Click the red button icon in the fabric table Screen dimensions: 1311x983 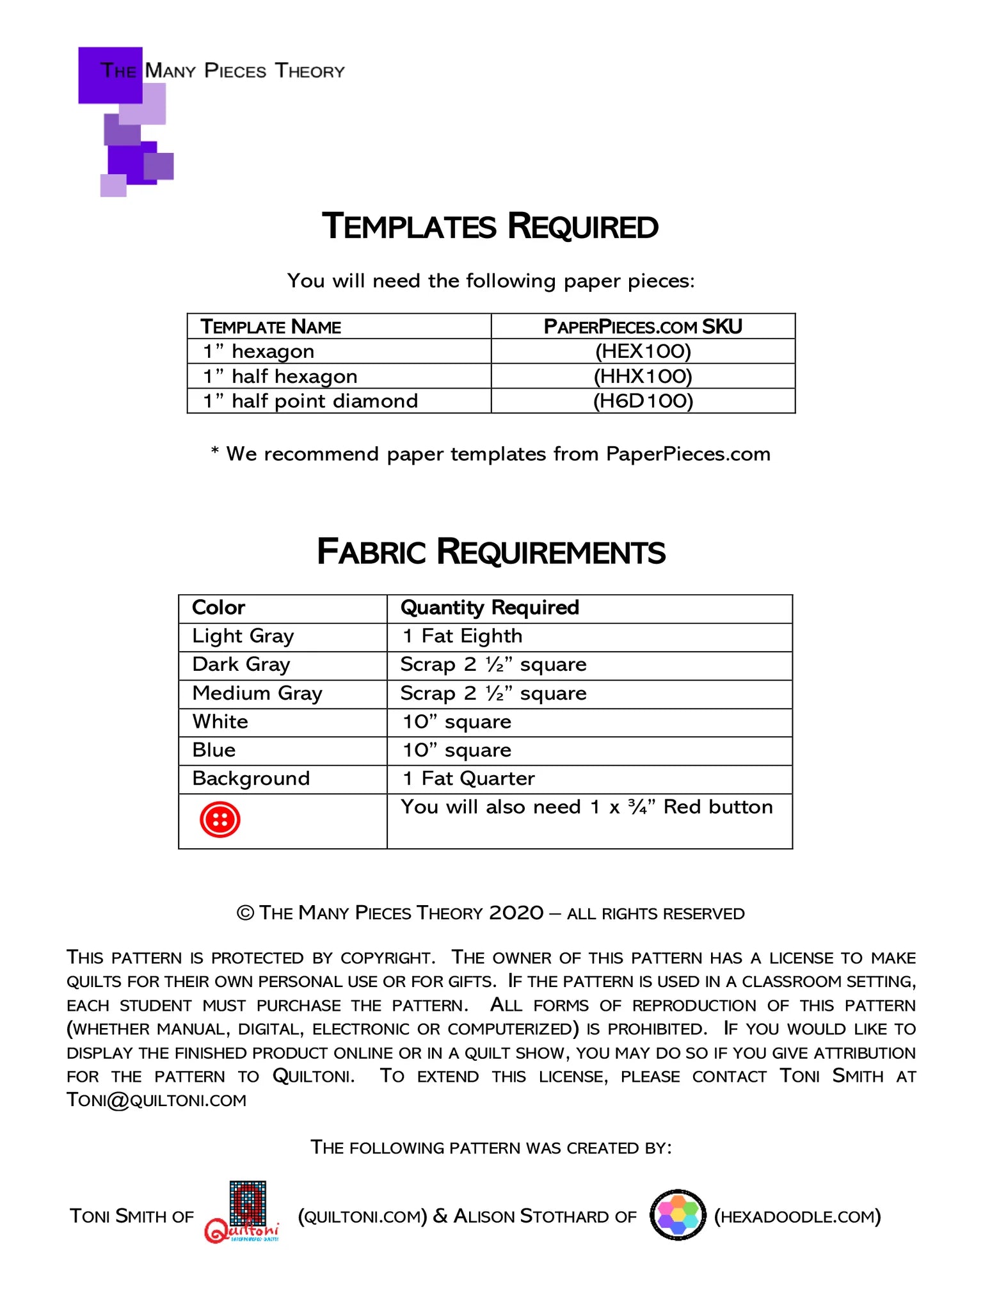(x=220, y=819)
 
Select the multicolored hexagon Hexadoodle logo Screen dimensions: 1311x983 (x=678, y=1215)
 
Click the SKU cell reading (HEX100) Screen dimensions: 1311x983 (x=643, y=351)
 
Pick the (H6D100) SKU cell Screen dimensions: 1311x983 (x=643, y=401)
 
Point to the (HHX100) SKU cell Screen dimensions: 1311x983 (x=643, y=376)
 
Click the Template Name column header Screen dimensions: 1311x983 (x=271, y=326)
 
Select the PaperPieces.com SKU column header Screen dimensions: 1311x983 (x=643, y=326)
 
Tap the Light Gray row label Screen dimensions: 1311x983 (x=243, y=636)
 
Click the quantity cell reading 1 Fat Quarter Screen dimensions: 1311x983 (x=468, y=779)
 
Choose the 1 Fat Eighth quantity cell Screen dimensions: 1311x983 (x=462, y=636)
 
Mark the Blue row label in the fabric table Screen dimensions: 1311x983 (x=214, y=750)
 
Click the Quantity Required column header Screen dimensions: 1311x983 (x=490, y=607)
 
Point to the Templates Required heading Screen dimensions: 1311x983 (x=490, y=227)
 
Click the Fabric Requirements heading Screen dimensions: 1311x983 (x=491, y=552)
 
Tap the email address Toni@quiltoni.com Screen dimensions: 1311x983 (x=157, y=1100)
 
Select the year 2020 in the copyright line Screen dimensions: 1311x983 (x=516, y=913)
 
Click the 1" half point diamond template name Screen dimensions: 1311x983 (x=310, y=401)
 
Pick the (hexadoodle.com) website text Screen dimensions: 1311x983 (x=797, y=1216)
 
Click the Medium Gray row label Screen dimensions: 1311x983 (x=257, y=693)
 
